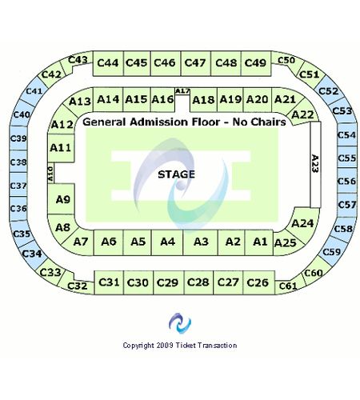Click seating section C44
click(108, 63)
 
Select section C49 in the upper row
click(256, 63)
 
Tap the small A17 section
click(182, 91)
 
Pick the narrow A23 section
click(315, 164)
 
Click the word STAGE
click(176, 174)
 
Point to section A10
click(50, 173)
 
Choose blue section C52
click(329, 90)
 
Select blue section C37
click(18, 185)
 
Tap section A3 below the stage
click(201, 242)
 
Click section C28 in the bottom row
click(198, 282)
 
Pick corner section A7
click(79, 242)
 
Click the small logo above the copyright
click(180, 323)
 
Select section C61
click(289, 286)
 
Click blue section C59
click(331, 252)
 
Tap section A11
click(61, 148)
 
